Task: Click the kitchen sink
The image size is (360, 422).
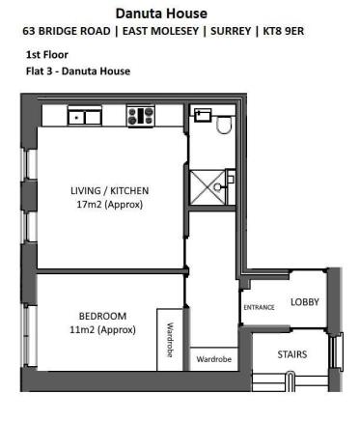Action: tap(85, 117)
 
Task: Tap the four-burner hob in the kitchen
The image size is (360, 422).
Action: tap(140, 116)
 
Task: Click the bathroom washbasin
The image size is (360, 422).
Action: tap(202, 115)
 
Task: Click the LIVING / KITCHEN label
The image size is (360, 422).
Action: tap(110, 190)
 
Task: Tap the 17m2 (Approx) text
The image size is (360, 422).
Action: tap(110, 205)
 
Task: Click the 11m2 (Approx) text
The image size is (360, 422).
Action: tap(103, 329)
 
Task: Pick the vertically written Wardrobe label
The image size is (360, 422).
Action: tap(170, 339)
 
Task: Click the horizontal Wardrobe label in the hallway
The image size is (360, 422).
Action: tap(213, 357)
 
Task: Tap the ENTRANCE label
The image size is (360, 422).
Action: tap(259, 307)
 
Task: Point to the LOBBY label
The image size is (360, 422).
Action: tap(304, 301)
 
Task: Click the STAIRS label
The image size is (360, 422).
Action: tap(292, 354)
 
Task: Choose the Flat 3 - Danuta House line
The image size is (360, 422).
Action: tap(78, 70)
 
